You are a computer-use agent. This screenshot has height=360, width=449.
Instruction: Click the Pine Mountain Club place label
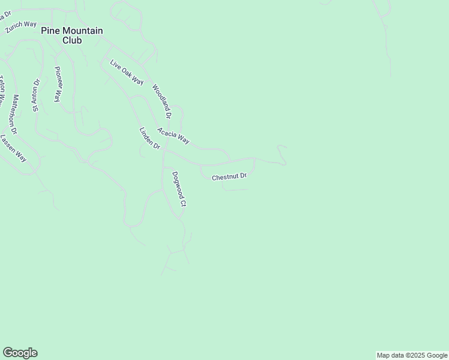[72, 35]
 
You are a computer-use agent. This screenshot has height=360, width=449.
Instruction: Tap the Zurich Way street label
[22, 27]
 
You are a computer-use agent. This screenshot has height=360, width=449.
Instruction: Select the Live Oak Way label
[127, 73]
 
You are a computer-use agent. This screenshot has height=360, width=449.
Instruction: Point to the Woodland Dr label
[162, 100]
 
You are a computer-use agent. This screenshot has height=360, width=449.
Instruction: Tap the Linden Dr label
[150, 139]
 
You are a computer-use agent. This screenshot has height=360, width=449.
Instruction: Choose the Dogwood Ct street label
[179, 189]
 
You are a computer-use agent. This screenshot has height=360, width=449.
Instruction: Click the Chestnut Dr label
[229, 176]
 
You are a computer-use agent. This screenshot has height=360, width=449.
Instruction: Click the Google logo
[20, 353]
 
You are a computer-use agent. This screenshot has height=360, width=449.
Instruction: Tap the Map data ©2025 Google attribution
[411, 355]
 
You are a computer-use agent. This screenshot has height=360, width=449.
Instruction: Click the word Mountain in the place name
[82, 31]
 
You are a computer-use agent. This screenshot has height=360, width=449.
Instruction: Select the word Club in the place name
[72, 41]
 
